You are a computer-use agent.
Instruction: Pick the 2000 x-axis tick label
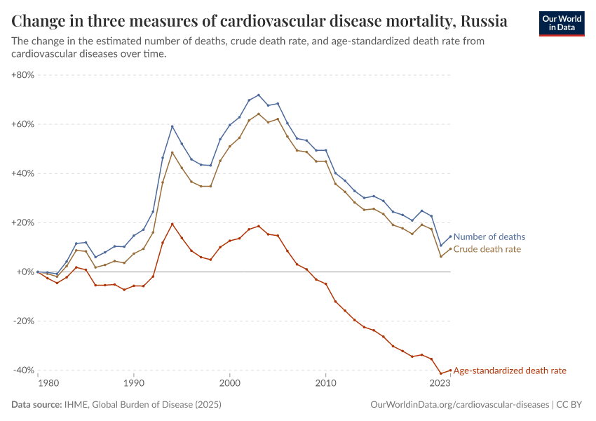pos(229,383)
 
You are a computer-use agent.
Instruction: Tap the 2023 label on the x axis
pos(440,383)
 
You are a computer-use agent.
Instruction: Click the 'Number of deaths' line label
pos(489,237)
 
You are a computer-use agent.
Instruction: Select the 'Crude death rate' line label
pos(487,249)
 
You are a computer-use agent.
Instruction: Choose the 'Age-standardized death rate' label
pos(510,370)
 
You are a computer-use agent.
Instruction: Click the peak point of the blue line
pos(258,95)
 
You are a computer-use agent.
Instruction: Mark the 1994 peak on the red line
pos(172,224)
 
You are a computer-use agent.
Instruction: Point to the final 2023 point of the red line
pos(450,370)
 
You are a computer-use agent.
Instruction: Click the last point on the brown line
pos(450,248)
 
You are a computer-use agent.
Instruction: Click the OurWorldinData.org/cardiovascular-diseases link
pos(459,405)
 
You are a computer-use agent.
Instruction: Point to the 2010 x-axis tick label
pos(325,383)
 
